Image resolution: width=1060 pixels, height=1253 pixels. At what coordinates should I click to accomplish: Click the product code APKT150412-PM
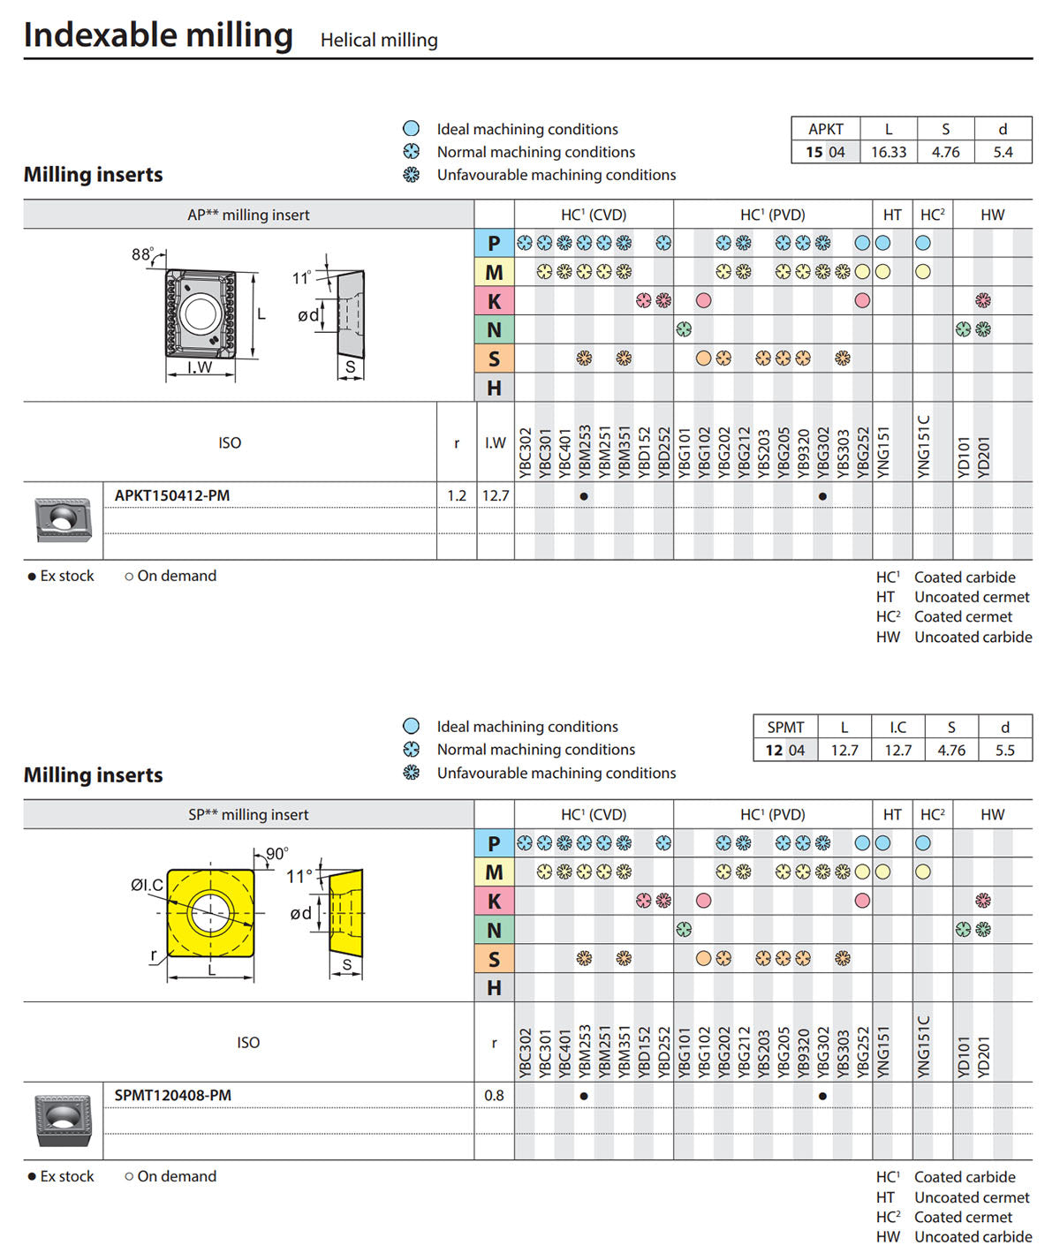click(172, 495)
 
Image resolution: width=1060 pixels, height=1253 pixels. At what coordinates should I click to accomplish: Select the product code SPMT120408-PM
click(173, 1095)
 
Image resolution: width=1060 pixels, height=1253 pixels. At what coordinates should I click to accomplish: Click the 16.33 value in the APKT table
click(889, 152)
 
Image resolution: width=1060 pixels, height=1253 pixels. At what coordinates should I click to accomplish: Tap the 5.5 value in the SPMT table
click(1005, 751)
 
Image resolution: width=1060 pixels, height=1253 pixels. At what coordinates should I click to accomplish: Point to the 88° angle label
click(142, 254)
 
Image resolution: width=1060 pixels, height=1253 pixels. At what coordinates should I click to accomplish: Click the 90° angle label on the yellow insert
click(276, 854)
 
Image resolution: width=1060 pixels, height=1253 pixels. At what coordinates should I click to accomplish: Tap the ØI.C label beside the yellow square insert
click(147, 885)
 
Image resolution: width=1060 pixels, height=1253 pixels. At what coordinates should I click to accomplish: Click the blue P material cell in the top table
click(494, 243)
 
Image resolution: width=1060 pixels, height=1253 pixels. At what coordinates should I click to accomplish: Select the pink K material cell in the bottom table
click(494, 901)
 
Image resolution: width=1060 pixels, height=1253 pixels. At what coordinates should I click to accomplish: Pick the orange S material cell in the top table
click(494, 359)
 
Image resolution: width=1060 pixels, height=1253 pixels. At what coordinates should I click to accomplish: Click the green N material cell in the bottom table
click(494, 930)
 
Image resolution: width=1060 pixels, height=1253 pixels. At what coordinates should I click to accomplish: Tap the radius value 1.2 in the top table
click(457, 495)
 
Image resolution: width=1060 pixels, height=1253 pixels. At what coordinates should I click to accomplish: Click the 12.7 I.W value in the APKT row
click(496, 495)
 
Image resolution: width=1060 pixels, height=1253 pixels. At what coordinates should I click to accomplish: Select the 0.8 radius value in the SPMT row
click(494, 1095)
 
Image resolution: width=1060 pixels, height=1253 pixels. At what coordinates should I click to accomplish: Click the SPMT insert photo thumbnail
click(63, 1120)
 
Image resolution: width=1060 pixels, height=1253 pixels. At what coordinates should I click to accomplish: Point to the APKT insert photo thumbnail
click(63, 519)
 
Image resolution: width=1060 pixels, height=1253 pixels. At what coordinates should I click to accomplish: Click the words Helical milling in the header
click(379, 40)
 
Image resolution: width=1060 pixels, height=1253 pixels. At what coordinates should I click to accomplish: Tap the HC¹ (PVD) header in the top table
click(773, 215)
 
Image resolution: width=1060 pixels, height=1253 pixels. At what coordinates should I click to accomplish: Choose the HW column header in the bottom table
click(992, 814)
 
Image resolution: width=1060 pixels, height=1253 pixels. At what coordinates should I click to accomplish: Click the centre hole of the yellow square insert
click(210, 912)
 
